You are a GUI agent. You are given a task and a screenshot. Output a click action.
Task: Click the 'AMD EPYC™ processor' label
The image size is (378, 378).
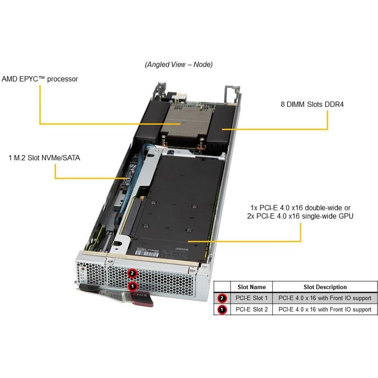coord(40,79)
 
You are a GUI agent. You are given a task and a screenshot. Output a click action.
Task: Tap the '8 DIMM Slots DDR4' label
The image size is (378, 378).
coord(312,104)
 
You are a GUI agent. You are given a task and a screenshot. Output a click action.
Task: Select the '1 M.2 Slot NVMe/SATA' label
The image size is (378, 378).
coord(44,158)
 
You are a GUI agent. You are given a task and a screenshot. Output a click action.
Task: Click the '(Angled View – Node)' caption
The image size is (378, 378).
coord(179,65)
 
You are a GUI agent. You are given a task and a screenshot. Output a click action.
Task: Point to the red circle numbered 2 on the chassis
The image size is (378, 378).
coord(132,274)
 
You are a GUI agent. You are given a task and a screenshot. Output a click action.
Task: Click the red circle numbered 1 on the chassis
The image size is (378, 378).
coord(132,286)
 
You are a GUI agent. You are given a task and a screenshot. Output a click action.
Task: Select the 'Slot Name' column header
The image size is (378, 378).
coord(251,287)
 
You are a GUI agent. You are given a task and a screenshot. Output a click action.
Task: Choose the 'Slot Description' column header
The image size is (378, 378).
coord(325,287)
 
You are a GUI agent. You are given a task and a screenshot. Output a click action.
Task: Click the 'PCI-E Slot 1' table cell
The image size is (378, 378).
coord(252,298)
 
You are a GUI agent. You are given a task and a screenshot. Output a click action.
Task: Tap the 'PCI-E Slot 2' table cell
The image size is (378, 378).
coord(252,309)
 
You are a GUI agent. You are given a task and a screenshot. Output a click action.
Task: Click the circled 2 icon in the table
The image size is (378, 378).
coord(222,298)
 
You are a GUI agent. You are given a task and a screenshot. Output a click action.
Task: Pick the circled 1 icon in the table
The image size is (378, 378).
coord(222,309)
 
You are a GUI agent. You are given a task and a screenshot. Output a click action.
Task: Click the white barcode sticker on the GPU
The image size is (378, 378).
coord(147,253)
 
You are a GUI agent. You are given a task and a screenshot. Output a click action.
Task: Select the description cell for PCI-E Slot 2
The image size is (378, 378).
coord(325,309)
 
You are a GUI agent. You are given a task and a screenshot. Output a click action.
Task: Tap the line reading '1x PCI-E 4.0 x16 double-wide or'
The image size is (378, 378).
coord(301,208)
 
